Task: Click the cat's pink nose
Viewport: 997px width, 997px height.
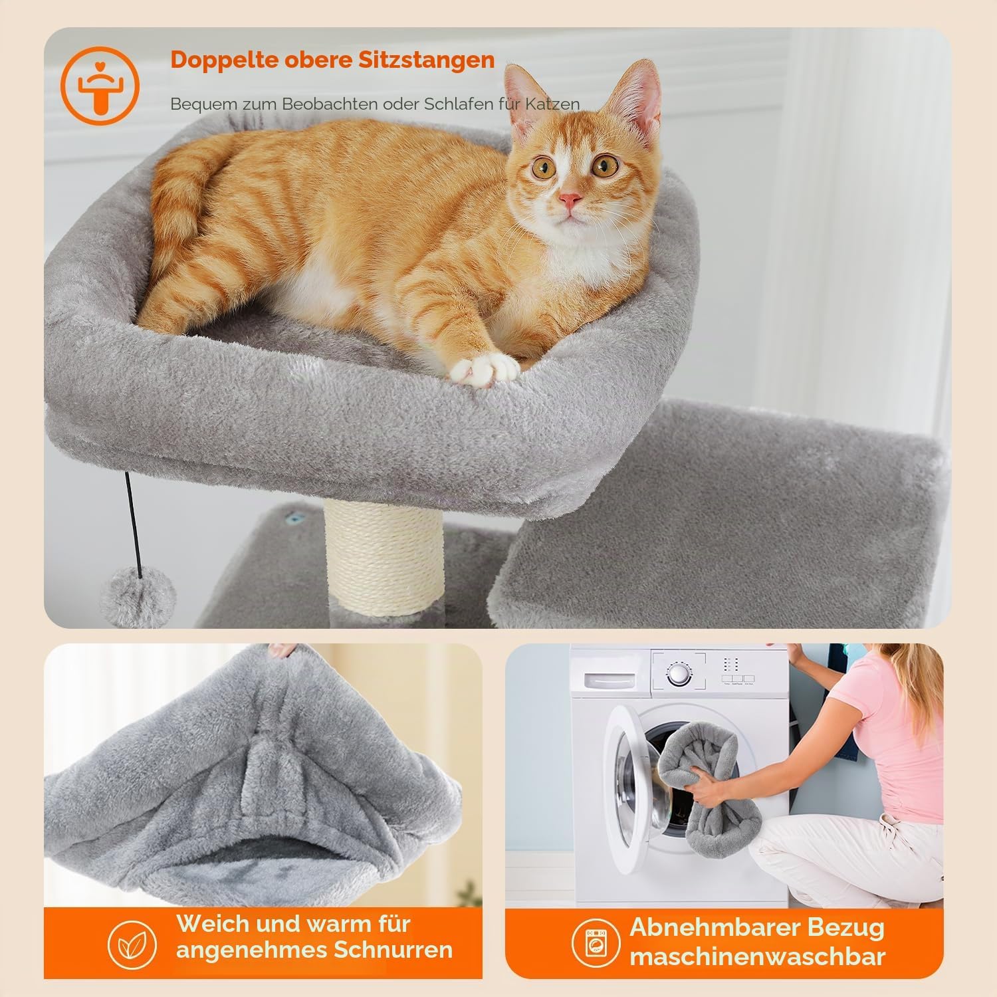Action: [570, 199]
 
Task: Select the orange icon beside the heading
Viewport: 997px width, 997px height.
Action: [100, 85]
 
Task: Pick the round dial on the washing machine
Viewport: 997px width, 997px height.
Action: [677, 675]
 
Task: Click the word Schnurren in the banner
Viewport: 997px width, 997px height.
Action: [393, 950]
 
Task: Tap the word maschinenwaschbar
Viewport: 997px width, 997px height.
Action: [758, 957]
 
